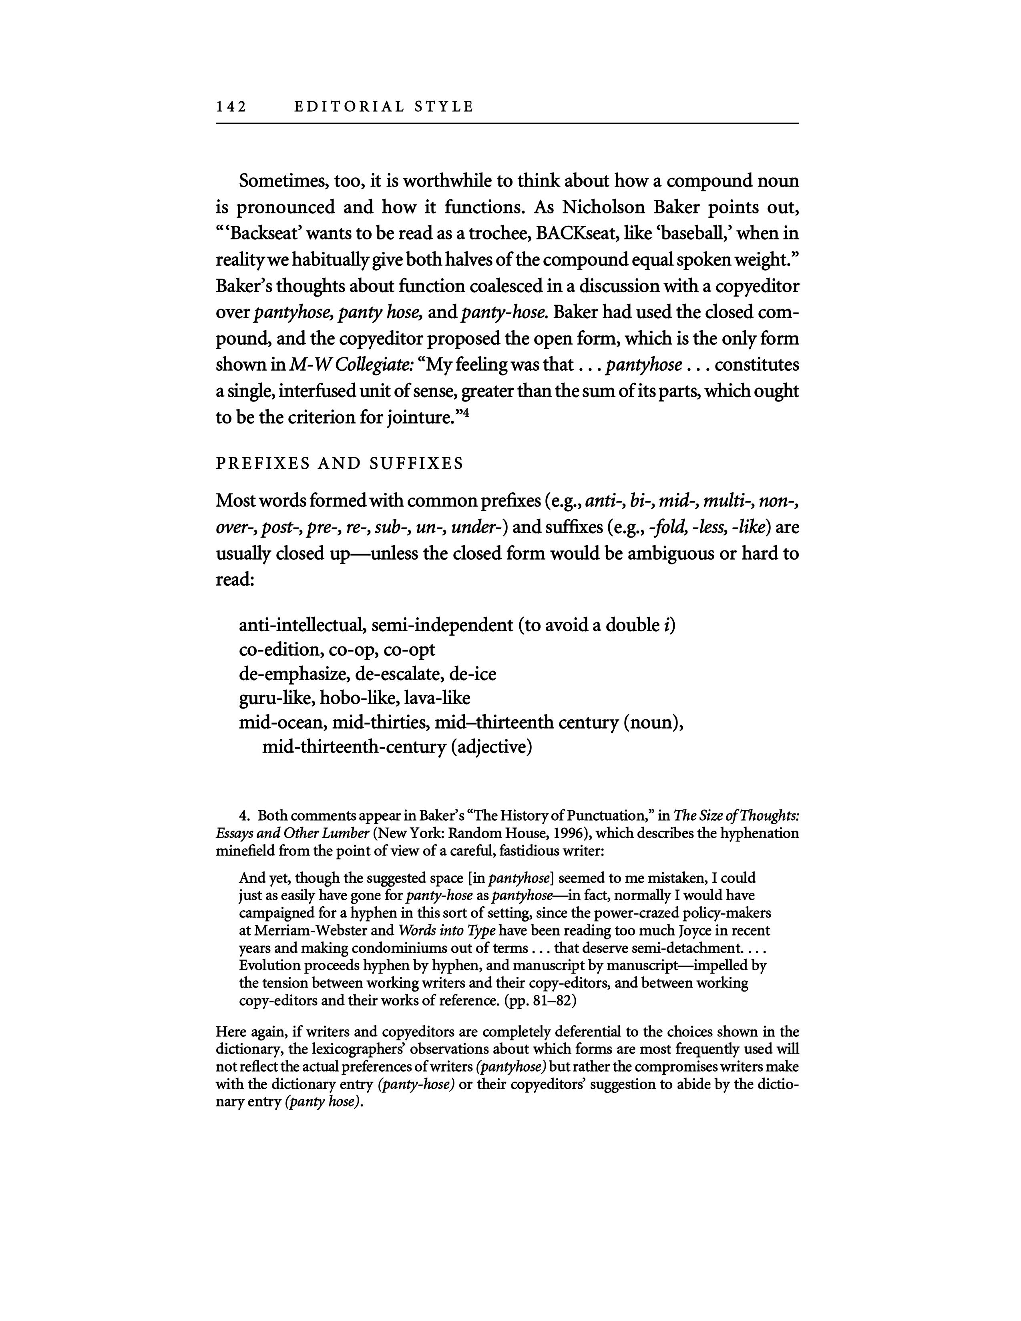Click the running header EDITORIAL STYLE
384,107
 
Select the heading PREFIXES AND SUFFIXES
339,464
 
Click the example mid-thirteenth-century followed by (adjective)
354,748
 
